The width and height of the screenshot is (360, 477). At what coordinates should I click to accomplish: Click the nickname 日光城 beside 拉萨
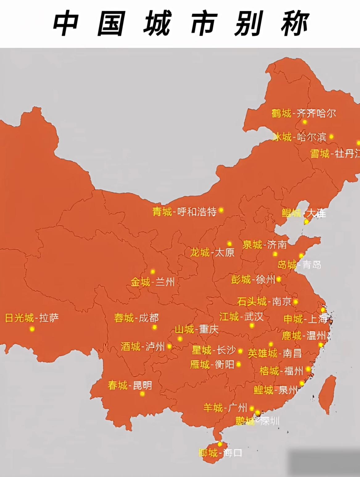point(19,318)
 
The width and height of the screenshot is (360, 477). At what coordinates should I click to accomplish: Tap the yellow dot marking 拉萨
point(32,329)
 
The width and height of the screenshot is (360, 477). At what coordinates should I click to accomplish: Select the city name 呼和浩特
point(197,212)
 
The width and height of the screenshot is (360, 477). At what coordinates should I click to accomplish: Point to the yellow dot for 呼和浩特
point(221,210)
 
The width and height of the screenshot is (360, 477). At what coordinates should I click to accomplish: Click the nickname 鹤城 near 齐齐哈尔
point(281,114)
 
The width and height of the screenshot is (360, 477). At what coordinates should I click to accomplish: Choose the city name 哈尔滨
point(312,137)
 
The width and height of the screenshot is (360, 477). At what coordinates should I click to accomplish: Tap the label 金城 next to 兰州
point(140,282)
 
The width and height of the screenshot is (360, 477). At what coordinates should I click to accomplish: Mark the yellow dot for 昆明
point(142,394)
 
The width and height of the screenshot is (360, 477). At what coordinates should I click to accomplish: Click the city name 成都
point(149,318)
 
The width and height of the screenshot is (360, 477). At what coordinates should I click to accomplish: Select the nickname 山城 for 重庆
point(184,329)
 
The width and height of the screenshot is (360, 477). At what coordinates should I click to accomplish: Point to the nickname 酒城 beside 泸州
point(130,347)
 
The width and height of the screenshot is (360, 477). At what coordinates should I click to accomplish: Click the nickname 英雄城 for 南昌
point(263,353)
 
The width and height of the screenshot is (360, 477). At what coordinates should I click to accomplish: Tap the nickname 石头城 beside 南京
point(252,301)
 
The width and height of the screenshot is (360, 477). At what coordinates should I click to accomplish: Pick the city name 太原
point(224,253)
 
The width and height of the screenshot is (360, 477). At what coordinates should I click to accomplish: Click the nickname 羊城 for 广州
point(213,408)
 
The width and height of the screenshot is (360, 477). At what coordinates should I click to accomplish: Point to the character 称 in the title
point(295,24)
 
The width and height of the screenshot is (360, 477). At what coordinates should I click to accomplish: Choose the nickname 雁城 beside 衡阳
point(200,365)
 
